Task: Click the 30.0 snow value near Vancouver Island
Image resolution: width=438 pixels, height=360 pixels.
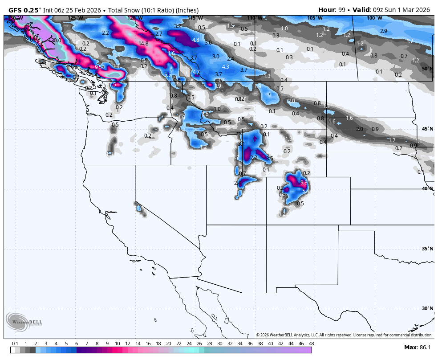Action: click(x=56, y=40)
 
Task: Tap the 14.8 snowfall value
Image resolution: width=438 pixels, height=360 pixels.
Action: click(x=143, y=44)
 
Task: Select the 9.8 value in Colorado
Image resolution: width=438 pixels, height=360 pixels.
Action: click(x=304, y=183)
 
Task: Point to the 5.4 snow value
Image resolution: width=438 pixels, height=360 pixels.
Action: click(x=305, y=191)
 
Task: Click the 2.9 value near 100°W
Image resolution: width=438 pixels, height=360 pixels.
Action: click(x=384, y=31)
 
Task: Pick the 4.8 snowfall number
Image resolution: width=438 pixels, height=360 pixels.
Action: click(x=195, y=40)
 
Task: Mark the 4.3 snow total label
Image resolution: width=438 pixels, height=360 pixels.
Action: click(x=225, y=67)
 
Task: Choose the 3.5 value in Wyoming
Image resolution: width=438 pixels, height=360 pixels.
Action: click(x=269, y=159)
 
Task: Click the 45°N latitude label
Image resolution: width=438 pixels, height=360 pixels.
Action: click(x=427, y=129)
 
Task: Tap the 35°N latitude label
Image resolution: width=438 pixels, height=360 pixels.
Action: click(x=427, y=249)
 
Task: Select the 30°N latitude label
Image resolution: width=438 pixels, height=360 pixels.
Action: click(x=427, y=308)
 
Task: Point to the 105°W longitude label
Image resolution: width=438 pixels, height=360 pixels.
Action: click(x=314, y=18)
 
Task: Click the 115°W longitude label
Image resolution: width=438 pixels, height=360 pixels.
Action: click(x=195, y=18)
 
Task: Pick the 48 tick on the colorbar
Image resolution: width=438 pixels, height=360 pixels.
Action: click(x=311, y=344)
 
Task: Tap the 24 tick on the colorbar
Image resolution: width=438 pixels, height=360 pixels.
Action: click(x=189, y=344)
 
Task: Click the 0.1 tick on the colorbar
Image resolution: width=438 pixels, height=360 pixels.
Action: click(x=15, y=344)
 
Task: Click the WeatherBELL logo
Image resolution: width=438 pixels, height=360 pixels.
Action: click(x=23, y=322)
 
